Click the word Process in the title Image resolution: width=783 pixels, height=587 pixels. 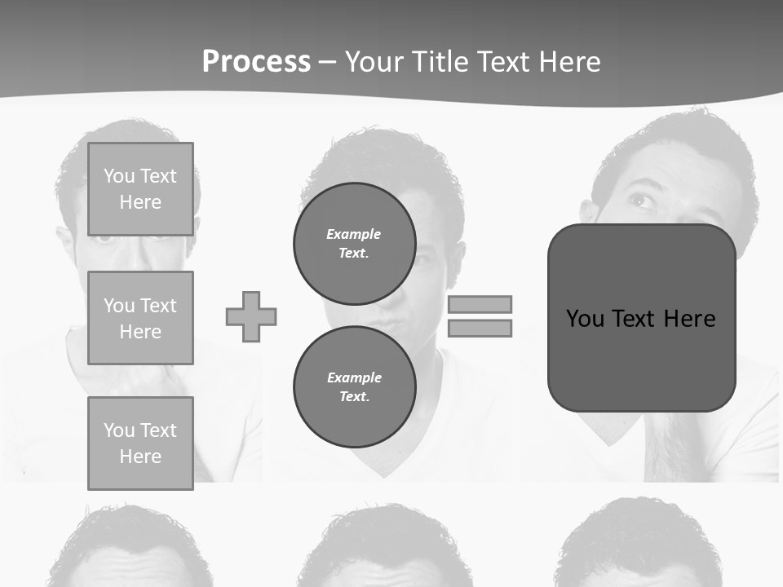click(x=256, y=62)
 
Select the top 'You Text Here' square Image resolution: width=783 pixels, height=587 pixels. click(x=140, y=189)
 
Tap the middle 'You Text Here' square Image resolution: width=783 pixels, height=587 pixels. click(x=140, y=318)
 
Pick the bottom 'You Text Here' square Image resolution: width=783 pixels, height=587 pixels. click(x=140, y=443)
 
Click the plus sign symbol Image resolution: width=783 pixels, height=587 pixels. click(x=251, y=316)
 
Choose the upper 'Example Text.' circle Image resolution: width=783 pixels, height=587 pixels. click(x=354, y=244)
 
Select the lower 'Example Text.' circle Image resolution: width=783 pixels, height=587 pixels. click(x=354, y=386)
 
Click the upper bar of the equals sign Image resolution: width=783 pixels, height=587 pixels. click(x=480, y=304)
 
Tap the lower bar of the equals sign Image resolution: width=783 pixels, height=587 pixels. click(x=480, y=329)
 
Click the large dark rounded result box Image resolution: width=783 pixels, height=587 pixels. click(x=641, y=359)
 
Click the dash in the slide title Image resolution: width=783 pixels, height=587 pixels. click(x=327, y=63)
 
